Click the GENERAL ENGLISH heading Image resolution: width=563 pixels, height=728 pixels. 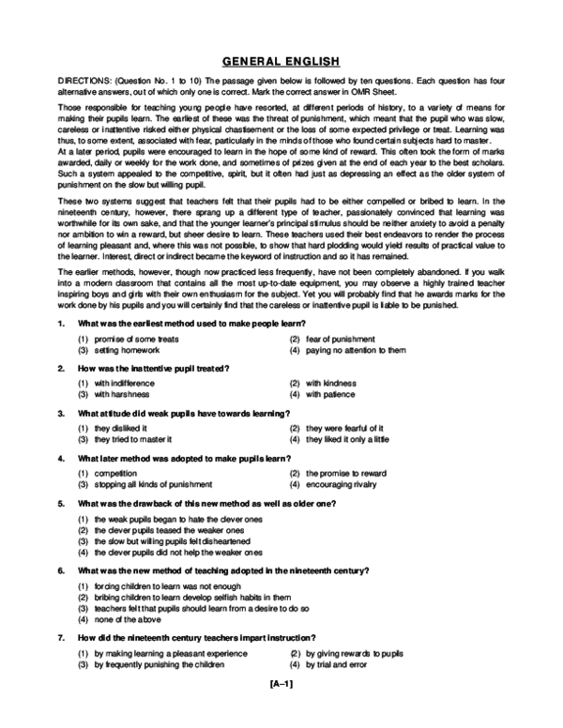coord(281,63)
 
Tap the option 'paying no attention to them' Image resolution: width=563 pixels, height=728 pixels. coord(355,349)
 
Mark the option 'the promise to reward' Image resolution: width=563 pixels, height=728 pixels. coord(344,473)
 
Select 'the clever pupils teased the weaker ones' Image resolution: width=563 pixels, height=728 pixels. coord(175,529)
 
